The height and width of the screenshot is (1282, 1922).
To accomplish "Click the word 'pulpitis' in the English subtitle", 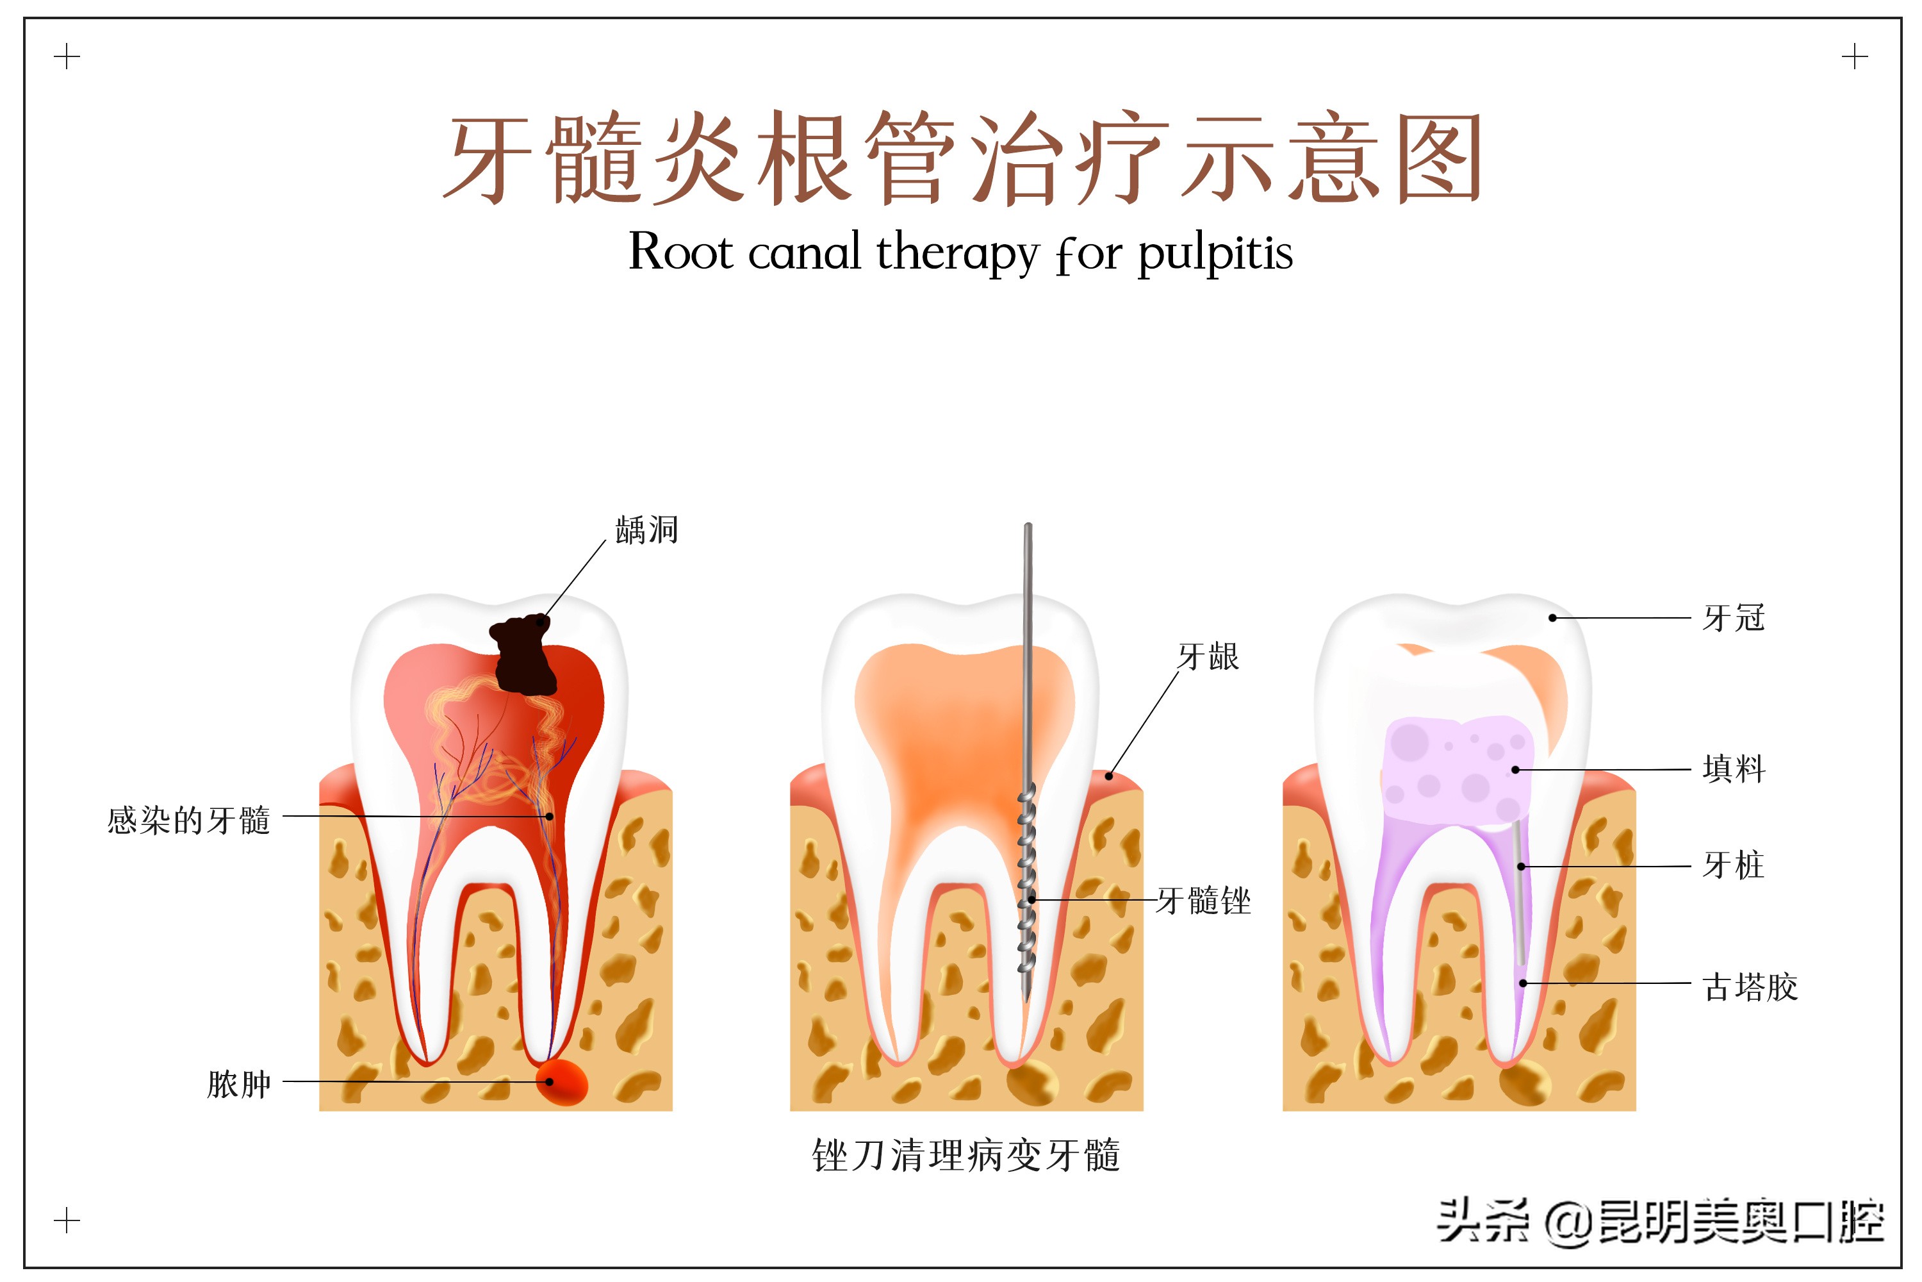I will point(1215,253).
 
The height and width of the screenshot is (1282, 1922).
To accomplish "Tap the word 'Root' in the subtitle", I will point(680,252).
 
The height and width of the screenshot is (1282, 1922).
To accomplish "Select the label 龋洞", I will point(646,530).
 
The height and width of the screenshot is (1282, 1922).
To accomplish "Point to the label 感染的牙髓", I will point(189,820).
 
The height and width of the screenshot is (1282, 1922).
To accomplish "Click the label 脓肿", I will point(238,1084).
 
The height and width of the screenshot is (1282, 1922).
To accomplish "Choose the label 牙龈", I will point(1208,656).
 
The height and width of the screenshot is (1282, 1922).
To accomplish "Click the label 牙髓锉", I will point(1204,901).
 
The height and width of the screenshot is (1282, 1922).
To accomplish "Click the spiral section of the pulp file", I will point(1026,883).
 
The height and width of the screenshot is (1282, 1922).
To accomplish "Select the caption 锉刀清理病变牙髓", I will point(966,1155).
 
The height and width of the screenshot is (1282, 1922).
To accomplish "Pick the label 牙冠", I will point(1733,618).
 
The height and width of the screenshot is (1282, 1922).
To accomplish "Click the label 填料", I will point(1733,769).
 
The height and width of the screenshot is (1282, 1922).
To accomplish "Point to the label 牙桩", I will point(1733,865).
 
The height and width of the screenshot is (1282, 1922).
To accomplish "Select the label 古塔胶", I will point(1750,987).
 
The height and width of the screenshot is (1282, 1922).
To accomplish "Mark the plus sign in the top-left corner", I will point(67,57).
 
